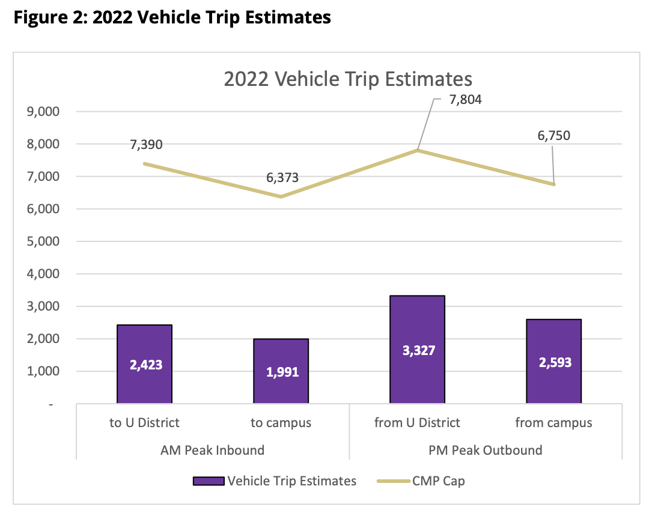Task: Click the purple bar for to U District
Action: tap(144, 364)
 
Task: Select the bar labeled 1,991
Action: tap(281, 371)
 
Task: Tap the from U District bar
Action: tap(417, 349)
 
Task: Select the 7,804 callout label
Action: tap(466, 100)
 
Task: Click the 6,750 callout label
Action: tap(553, 135)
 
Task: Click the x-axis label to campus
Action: tap(281, 423)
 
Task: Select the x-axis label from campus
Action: tap(553, 423)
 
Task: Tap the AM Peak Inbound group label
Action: tap(213, 450)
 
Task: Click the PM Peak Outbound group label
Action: tap(486, 450)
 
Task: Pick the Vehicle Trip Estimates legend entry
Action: tap(275, 481)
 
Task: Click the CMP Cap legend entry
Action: tap(420, 481)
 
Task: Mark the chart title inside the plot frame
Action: tap(348, 79)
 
